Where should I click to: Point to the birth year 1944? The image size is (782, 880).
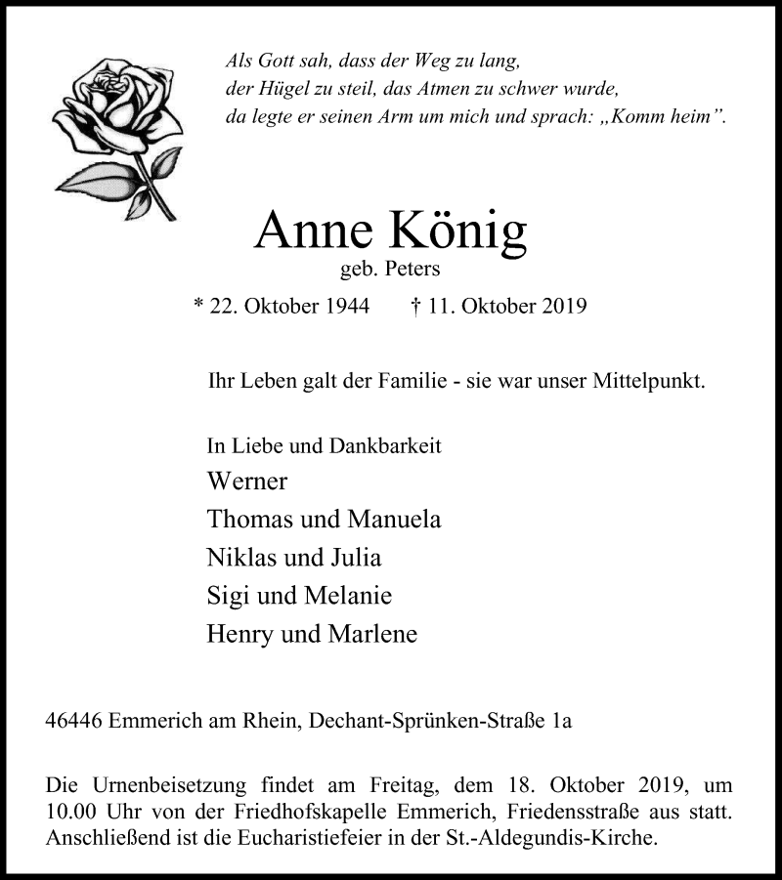tap(347, 307)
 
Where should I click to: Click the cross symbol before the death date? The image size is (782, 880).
tap(415, 307)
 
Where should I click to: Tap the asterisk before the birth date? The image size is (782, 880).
tap(199, 307)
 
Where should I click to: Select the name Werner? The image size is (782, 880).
tap(247, 482)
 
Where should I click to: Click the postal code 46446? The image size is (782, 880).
tap(75, 723)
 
